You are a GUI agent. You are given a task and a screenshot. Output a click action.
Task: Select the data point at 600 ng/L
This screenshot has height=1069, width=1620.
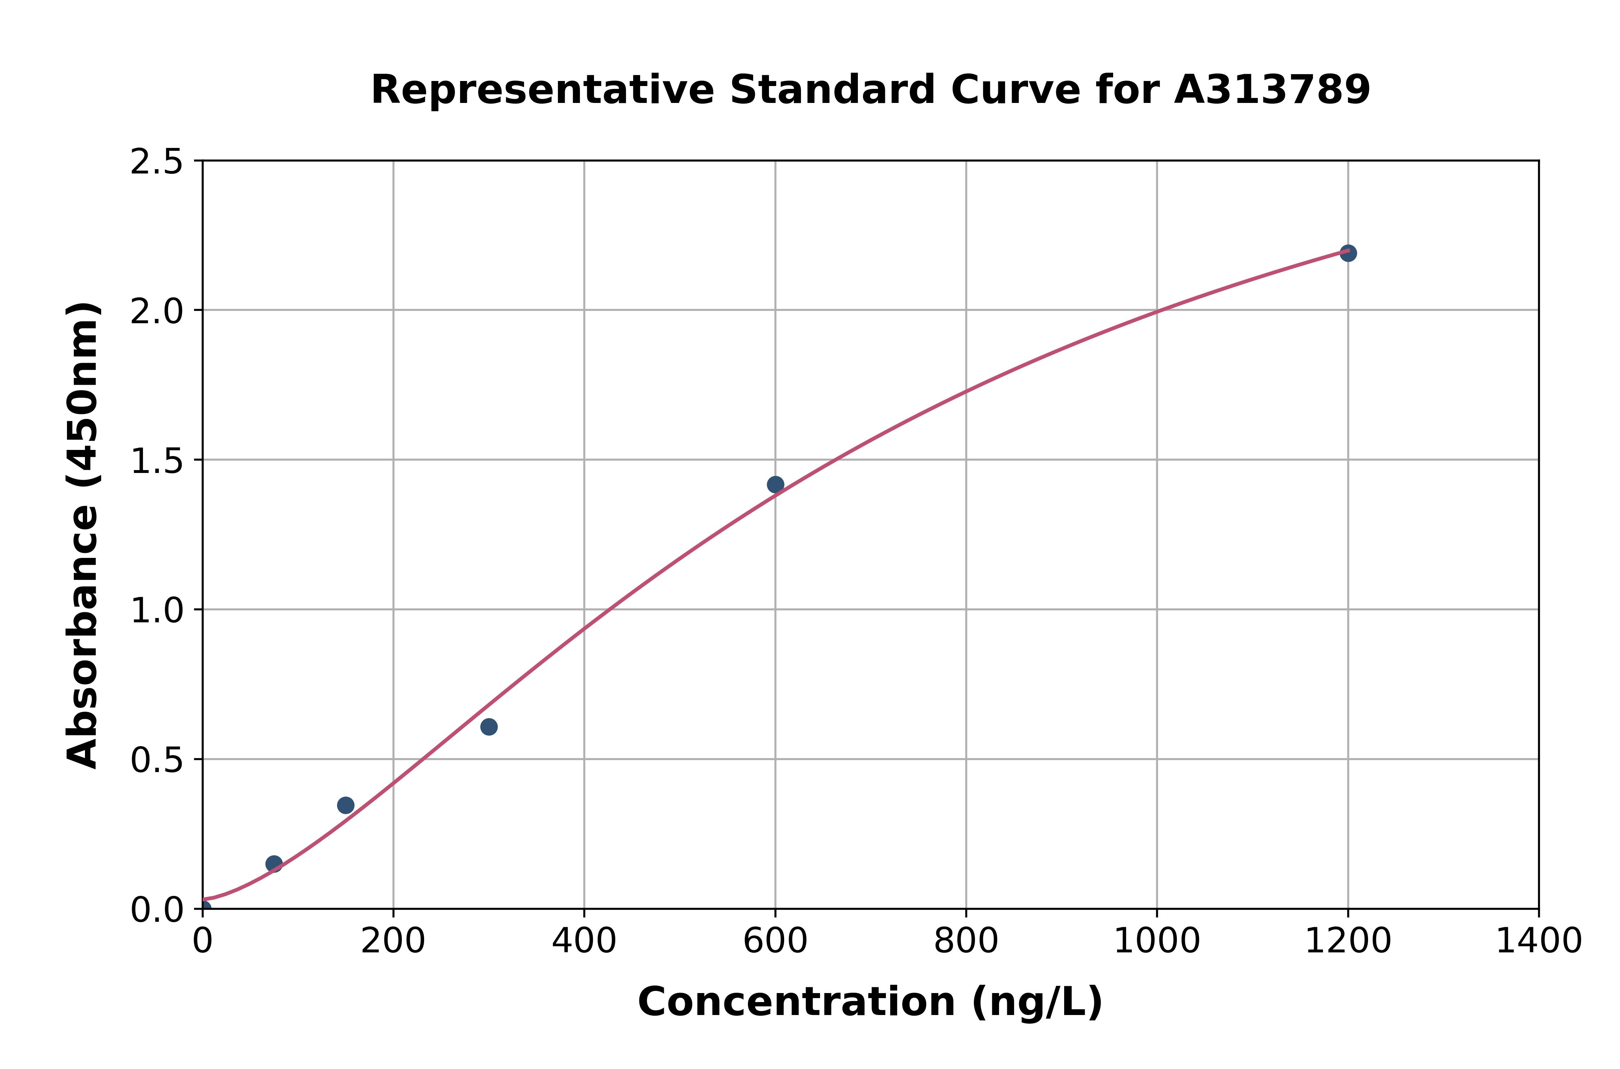[x=775, y=485]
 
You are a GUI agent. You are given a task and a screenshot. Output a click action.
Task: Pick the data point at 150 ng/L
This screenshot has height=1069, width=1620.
[x=346, y=805]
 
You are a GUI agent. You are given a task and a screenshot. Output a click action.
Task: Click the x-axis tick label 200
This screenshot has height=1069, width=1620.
[x=393, y=942]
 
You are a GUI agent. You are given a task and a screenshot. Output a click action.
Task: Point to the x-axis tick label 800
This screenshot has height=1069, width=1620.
[x=966, y=942]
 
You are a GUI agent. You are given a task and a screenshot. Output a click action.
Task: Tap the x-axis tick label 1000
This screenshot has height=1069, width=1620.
[x=1156, y=942]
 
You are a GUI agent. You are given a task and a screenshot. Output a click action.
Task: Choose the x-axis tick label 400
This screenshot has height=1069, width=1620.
[x=584, y=942]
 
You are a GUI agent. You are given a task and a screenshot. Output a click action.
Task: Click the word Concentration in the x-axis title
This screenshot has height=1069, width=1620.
[x=796, y=1002]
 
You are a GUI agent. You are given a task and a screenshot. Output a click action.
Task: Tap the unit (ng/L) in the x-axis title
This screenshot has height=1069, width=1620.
[x=1036, y=1002]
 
